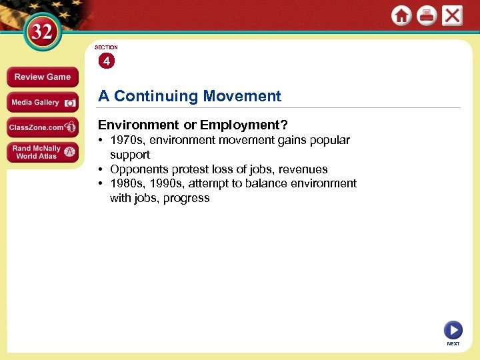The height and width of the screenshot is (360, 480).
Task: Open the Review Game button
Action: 42,77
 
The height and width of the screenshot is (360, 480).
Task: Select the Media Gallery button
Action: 42,103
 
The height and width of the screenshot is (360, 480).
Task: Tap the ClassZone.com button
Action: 42,127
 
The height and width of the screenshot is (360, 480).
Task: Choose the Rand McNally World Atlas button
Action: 42,152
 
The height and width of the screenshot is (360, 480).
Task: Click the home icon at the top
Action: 401,16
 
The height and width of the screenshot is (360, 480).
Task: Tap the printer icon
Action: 427,16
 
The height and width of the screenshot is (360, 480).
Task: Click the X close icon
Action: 452,16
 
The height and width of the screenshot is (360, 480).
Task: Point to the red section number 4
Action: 106,61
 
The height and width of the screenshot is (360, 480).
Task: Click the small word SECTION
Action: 106,47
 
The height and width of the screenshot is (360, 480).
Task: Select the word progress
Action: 188,198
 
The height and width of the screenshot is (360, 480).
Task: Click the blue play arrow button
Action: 453,329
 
